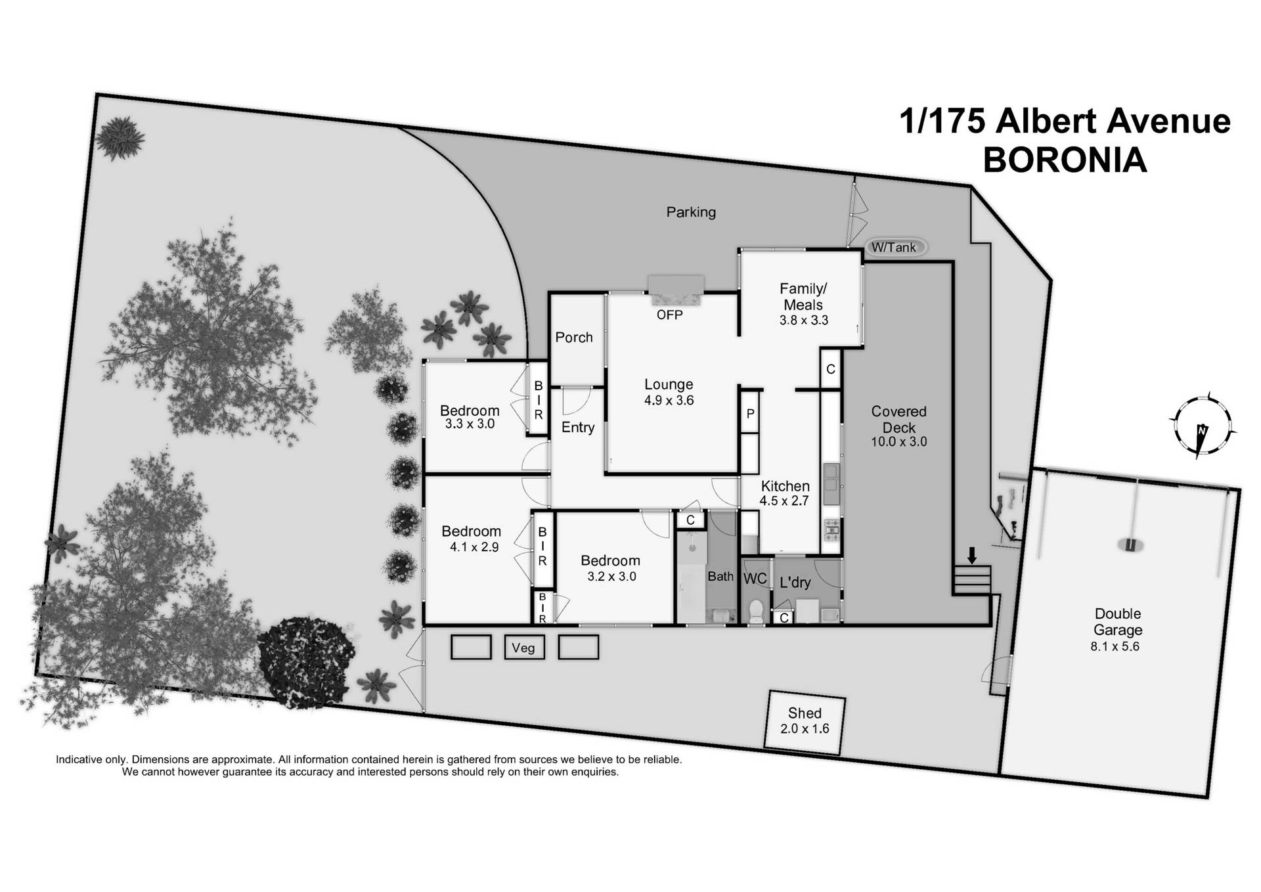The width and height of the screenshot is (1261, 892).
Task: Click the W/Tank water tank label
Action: point(894,248)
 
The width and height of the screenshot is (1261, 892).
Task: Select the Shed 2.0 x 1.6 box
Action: point(805,721)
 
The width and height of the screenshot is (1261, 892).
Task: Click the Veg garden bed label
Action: point(523,648)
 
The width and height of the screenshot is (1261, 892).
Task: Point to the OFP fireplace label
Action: point(669,315)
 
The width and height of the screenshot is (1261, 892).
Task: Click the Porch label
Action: point(574,338)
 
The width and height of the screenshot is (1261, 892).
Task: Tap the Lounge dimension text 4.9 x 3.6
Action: point(669,401)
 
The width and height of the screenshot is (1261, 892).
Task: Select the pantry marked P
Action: point(750,414)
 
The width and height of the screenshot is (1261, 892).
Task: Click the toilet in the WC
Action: point(756,611)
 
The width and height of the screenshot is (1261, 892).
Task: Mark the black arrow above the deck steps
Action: point(972,556)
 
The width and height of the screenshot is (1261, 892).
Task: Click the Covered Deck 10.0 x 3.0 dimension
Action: point(898,442)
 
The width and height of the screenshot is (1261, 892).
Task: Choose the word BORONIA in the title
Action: point(1065,160)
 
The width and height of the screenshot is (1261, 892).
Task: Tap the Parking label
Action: point(691,212)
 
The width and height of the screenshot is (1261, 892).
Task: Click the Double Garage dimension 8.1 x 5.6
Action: point(1115,646)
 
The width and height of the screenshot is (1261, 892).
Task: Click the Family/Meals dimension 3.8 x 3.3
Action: point(803,321)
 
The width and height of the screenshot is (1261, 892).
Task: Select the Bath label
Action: point(720,577)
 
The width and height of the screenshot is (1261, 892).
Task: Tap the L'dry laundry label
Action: point(795,583)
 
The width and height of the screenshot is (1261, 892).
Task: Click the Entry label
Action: point(578,428)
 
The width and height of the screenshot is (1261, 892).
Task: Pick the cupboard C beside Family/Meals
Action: point(831,369)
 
